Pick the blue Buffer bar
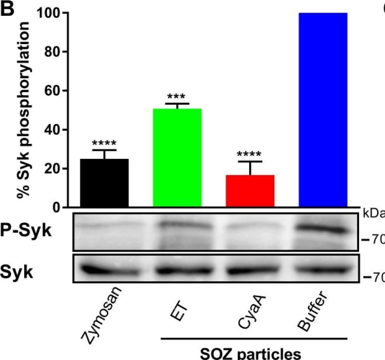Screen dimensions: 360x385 [323, 110]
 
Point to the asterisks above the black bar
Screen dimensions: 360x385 [104, 143]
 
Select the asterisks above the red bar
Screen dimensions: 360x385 [249, 155]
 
